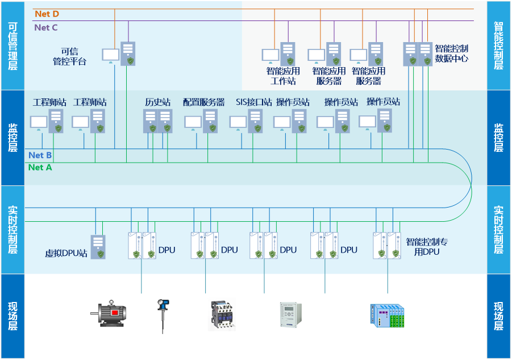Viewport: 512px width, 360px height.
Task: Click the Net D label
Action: pyautogui.click(x=47, y=14)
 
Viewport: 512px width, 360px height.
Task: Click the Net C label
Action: pyautogui.click(x=46, y=27)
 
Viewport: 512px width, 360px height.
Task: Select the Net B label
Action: pyautogui.click(x=40, y=155)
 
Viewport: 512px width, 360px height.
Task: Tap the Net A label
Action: pyautogui.click(x=40, y=167)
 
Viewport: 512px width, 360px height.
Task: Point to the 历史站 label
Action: pyautogui.click(x=158, y=102)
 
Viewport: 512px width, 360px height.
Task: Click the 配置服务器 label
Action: pyautogui.click(x=204, y=102)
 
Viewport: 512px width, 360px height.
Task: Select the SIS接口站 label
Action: pyautogui.click(x=254, y=102)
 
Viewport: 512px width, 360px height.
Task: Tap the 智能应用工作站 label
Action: pyautogui.click(x=283, y=76)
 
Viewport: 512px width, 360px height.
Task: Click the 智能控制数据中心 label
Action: pyautogui.click(x=451, y=53)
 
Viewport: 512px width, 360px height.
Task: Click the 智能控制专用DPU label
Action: pyautogui.click(x=427, y=247)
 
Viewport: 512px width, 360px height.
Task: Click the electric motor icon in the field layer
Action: pyautogui.click(x=110, y=313)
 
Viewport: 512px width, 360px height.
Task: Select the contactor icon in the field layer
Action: pyautogui.click(x=221, y=315)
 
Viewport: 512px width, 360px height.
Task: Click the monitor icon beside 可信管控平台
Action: pyautogui.click(x=111, y=55)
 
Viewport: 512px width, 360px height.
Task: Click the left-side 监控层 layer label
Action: pyautogui.click(x=13, y=138)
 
